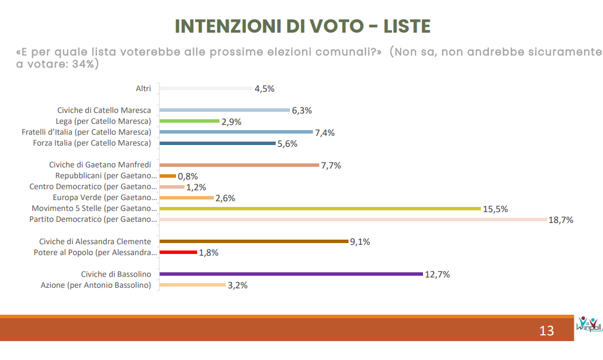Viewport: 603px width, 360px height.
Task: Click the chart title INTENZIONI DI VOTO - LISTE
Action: [x=303, y=26]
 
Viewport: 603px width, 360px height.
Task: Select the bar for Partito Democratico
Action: [x=354, y=220]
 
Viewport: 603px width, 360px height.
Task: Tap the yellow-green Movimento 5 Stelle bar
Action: [x=320, y=209]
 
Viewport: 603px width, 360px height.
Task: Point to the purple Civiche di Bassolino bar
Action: [x=291, y=274]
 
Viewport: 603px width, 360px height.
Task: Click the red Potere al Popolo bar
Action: [x=178, y=252]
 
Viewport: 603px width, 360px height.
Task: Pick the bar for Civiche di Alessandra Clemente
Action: [x=254, y=241]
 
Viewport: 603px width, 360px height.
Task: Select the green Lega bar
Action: [x=189, y=121]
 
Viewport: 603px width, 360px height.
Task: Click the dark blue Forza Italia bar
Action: [x=218, y=143]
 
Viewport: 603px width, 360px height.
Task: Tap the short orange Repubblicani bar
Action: [x=168, y=176]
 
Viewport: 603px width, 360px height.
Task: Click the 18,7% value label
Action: [x=561, y=220]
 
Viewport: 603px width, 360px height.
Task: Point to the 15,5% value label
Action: [x=495, y=209]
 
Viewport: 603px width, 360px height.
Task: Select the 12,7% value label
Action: [x=437, y=275]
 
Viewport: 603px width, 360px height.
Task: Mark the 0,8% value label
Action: [x=187, y=177]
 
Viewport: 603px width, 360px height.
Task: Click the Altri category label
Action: [x=143, y=88]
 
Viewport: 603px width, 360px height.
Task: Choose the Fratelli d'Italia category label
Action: [x=87, y=132]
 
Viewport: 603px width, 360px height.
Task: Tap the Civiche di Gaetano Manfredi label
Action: [x=100, y=165]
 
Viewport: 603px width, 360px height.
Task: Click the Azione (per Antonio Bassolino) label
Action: [x=96, y=285]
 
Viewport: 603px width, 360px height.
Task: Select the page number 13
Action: [x=546, y=331]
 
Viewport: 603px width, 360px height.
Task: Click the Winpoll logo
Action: [x=589, y=324]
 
